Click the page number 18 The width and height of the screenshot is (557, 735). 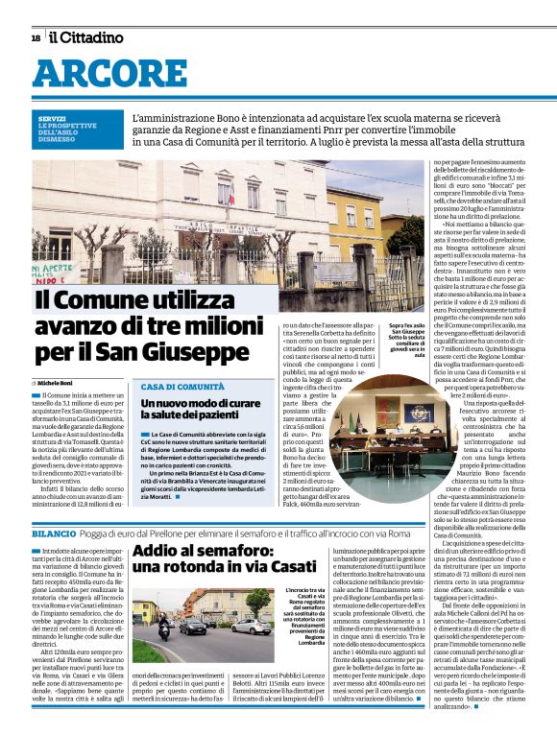click(x=36, y=37)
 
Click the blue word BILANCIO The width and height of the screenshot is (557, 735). click(x=54, y=533)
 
